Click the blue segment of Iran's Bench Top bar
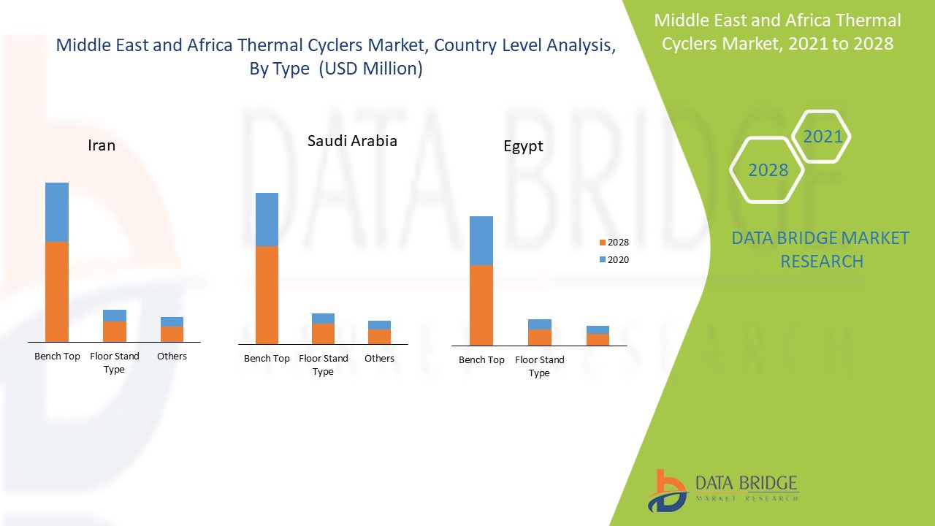57,212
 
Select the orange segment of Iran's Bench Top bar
57,291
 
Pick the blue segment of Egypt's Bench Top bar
481,240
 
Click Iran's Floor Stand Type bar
115,326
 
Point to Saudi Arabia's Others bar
379,332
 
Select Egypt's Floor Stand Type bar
540,332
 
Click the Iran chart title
102,145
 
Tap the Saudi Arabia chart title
352,141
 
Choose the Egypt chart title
523,146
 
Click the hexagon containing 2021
822,137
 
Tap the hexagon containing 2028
768,170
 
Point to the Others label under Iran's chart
172,357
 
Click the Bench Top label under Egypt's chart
481,360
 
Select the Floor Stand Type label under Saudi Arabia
324,365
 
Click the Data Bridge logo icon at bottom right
667,490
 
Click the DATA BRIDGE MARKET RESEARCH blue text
821,249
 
